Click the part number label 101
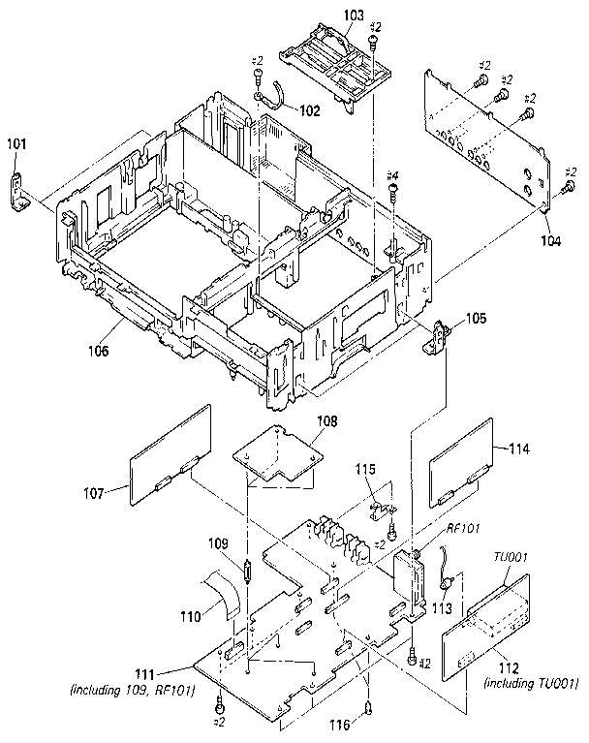pos(17,143)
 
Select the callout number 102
pos(307,110)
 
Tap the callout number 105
pos(476,318)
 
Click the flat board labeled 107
pos(170,452)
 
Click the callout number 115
pos(364,469)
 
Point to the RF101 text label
pos(462,528)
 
